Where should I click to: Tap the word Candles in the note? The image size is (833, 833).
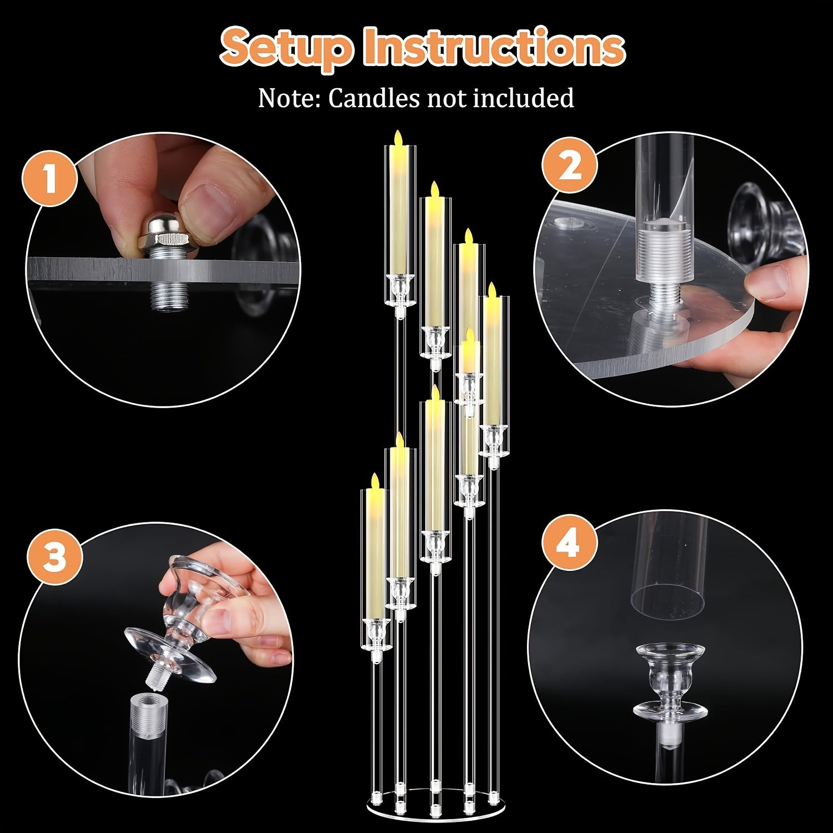(373, 98)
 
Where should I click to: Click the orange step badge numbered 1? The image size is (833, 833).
(49, 179)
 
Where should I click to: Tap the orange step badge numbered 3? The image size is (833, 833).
(54, 556)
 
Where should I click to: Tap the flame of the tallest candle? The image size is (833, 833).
(398, 138)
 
